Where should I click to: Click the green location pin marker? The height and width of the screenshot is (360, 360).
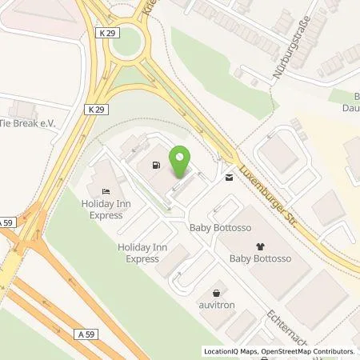[x=182, y=162]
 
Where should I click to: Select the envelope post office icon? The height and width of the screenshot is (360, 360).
[x=230, y=178]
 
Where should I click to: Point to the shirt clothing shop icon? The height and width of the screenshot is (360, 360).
[x=259, y=246]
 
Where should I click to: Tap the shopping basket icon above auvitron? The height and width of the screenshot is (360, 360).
[x=216, y=293]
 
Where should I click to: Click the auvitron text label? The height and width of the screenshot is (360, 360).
[x=216, y=306]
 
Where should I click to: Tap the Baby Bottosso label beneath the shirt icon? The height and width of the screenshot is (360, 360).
[x=259, y=260]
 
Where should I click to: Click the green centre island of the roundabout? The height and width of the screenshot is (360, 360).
[x=127, y=42]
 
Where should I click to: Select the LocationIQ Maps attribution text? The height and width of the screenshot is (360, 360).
[x=233, y=351]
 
